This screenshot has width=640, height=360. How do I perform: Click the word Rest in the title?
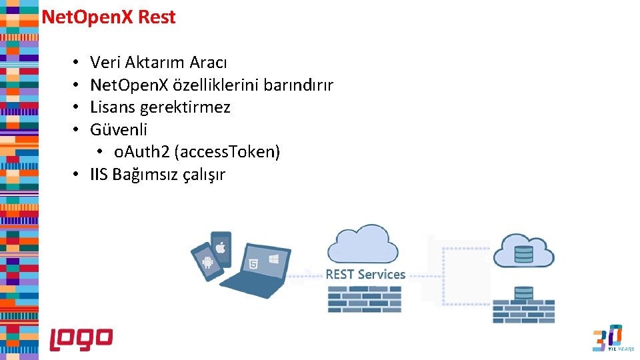coord(157,17)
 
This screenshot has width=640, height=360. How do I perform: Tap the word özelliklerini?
coord(215,85)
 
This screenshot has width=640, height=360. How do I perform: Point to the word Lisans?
coord(113,107)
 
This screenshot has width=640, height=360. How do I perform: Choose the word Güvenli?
coord(119,130)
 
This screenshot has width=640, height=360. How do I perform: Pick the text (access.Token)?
coord(227,152)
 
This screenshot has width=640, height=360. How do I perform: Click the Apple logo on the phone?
coord(221,247)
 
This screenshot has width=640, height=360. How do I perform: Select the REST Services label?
coord(365,274)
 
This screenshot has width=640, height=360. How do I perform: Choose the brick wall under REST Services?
coord(365,299)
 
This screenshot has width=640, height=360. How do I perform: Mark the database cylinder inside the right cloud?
coord(524,253)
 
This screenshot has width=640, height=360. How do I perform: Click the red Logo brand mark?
coord(81,339)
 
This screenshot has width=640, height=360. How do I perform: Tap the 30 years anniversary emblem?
coord(607,338)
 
